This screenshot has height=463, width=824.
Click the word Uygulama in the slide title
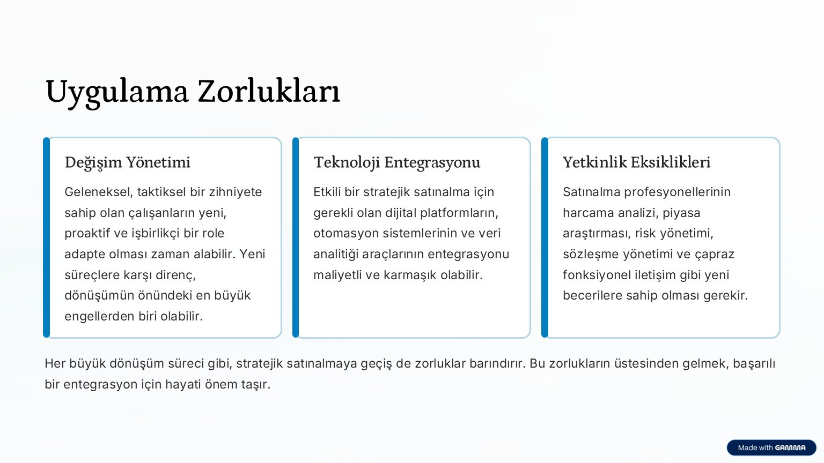(x=117, y=92)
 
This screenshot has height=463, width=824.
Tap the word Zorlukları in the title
(x=269, y=91)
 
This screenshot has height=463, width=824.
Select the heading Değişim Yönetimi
(x=127, y=162)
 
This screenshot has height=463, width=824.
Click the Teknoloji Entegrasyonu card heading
(x=397, y=162)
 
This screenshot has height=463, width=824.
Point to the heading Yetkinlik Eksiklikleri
(x=636, y=162)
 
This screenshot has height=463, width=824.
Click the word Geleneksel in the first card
(x=98, y=192)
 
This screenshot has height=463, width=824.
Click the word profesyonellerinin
(x=677, y=192)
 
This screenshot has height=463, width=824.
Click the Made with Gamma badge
(x=771, y=447)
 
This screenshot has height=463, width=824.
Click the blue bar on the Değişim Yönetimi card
(x=46, y=237)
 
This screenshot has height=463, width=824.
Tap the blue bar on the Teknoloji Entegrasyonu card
(x=296, y=237)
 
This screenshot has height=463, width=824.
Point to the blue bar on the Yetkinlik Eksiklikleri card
(x=545, y=237)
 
